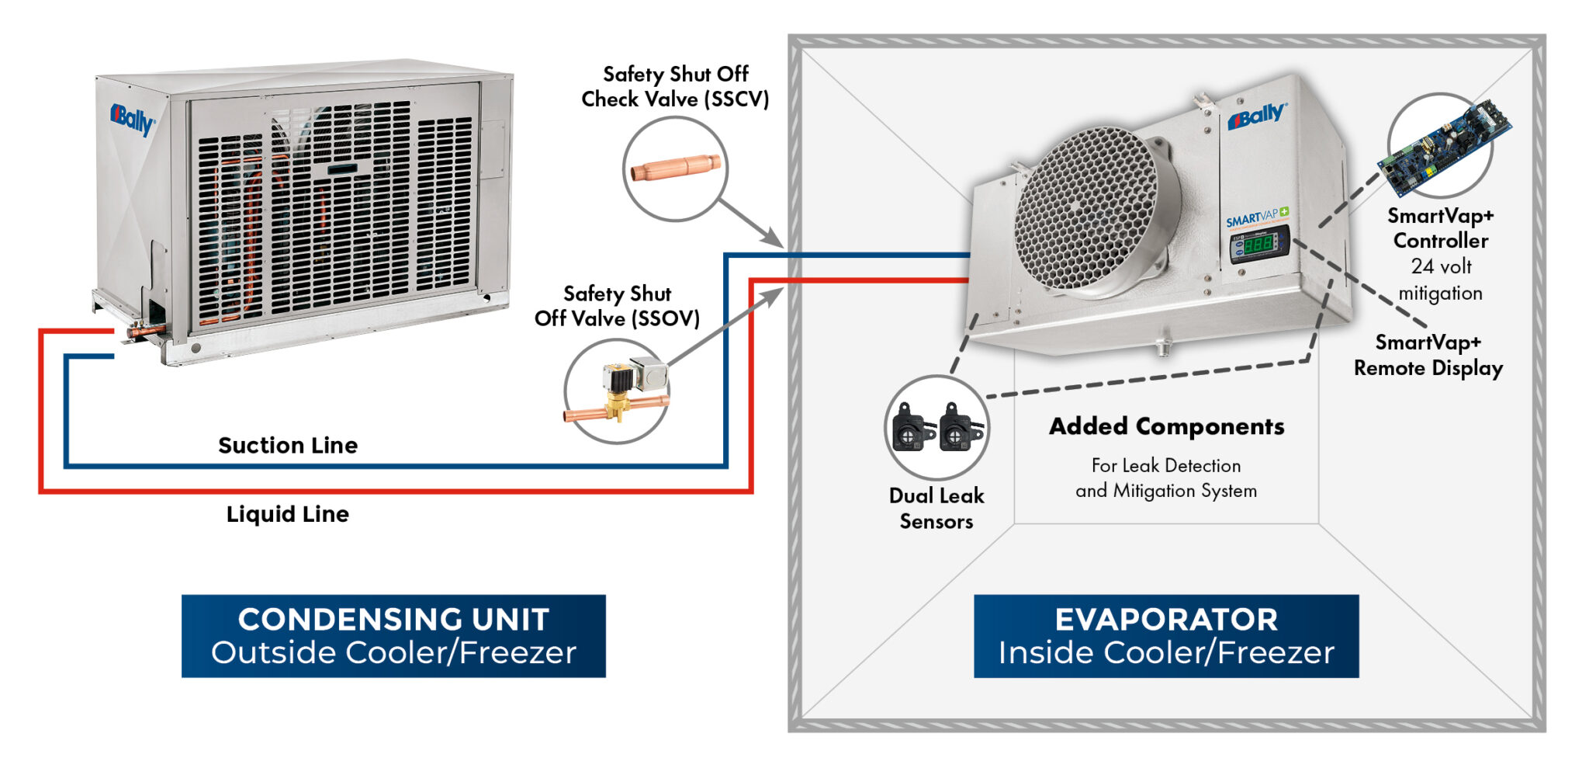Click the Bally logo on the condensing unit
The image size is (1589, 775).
(x=132, y=120)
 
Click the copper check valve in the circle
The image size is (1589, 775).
(x=676, y=168)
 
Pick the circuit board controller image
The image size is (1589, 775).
(x=1444, y=148)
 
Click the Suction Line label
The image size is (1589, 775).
(x=288, y=446)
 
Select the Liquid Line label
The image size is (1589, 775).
(x=288, y=514)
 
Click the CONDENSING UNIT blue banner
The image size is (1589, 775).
(x=393, y=636)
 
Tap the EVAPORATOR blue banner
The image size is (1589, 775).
(x=1166, y=636)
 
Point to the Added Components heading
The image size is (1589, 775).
(x=1166, y=426)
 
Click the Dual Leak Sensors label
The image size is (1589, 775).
(x=936, y=509)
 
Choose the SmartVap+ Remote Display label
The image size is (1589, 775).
(x=1428, y=355)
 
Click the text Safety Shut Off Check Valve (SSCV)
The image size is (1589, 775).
(x=675, y=87)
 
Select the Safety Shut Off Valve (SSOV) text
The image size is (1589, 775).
(x=617, y=306)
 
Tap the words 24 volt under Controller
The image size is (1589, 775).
(x=1441, y=267)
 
